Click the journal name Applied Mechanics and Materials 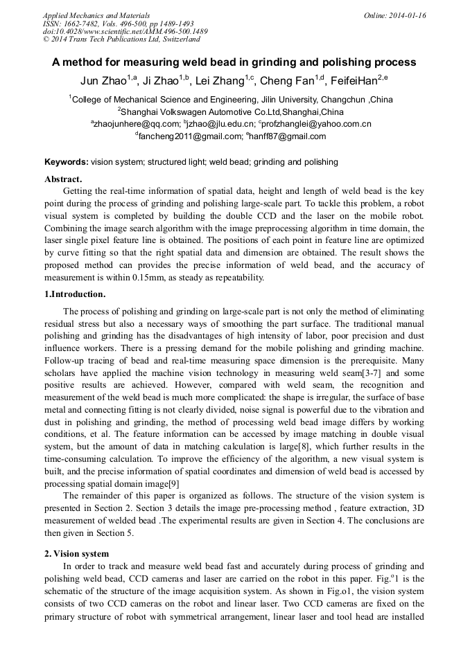pyautogui.click(x=96, y=15)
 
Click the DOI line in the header pyautogui.click(x=125, y=32)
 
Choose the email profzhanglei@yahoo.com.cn pyautogui.click(x=317, y=125)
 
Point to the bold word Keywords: pyautogui.click(x=67, y=163)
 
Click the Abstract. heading pyautogui.click(x=64, y=179)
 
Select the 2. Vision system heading pyautogui.click(x=77, y=554)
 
